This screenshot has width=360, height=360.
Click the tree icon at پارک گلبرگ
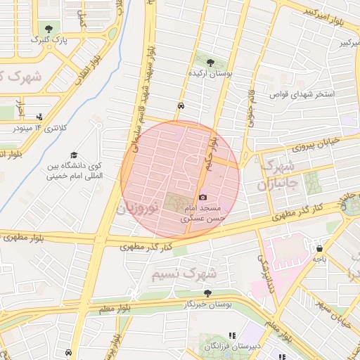49,29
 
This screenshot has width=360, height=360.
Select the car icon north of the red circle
181,105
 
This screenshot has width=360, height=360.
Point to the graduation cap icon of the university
74,155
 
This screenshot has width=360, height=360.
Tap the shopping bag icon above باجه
321,248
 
